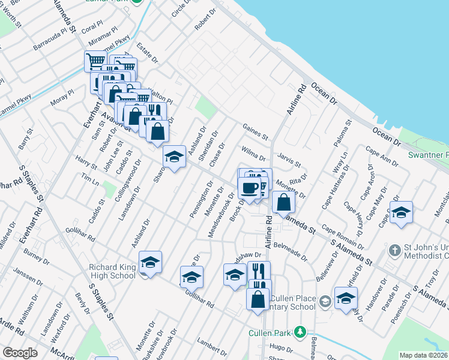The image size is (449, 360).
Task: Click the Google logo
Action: (x=20, y=353)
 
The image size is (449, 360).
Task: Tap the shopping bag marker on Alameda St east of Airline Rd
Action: (x=284, y=203)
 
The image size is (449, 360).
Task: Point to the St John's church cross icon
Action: (x=394, y=249)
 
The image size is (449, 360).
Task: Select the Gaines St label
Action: (x=255, y=130)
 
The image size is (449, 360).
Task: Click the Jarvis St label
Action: (x=289, y=160)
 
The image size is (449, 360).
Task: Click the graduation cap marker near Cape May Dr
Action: (x=401, y=212)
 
